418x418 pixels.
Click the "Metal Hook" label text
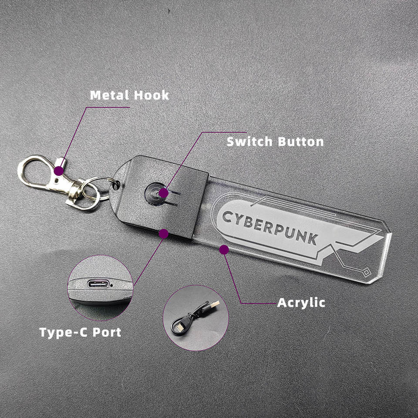click(x=129, y=95)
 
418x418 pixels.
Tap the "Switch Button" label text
click(x=275, y=142)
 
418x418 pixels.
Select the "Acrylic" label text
click(x=301, y=303)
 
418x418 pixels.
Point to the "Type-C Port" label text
click(x=80, y=333)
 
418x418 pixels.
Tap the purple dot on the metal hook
click(x=58, y=171)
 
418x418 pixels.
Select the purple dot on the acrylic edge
click(x=224, y=250)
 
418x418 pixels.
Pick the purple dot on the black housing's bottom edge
click(x=164, y=234)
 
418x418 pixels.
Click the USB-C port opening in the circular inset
click(x=96, y=284)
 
